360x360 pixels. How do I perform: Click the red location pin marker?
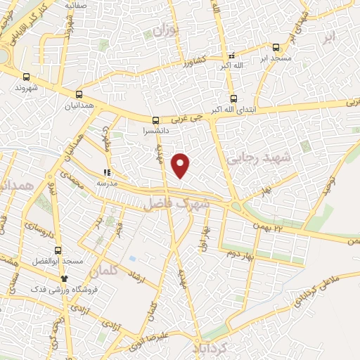click(181, 165)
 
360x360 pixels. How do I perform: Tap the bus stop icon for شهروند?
click(27, 77)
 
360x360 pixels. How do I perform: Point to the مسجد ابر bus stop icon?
click(276, 48)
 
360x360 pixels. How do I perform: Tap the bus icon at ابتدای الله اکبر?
click(233, 99)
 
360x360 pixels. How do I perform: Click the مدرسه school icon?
click(107, 172)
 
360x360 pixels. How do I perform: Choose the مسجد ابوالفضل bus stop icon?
click(59, 250)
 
